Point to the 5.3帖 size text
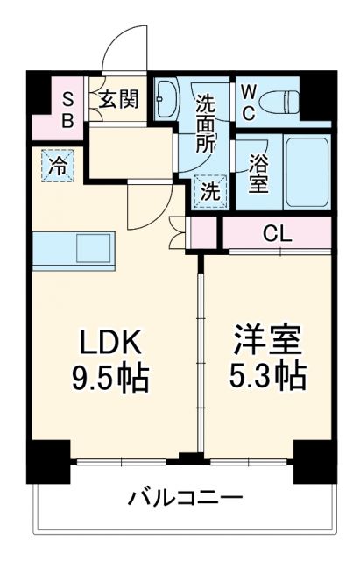267,377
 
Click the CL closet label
278,234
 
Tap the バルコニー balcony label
185,499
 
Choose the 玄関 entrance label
116,99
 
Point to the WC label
249,100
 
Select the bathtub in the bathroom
307,170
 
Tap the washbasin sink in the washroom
166,100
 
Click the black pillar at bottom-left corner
48,460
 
